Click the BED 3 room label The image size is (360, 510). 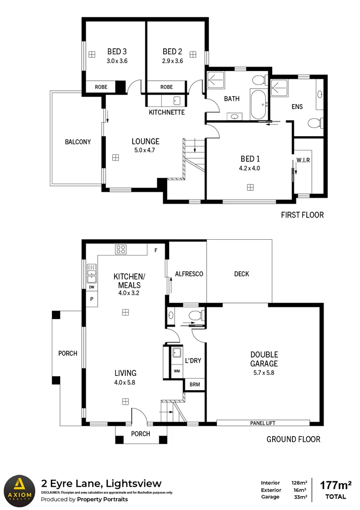(117, 52)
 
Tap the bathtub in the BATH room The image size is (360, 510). (258, 104)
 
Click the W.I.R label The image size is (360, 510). (302, 159)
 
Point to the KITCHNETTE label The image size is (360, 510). (167, 112)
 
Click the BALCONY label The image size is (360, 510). (78, 142)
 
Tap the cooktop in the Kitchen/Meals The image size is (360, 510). (121, 250)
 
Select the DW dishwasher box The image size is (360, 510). (91, 288)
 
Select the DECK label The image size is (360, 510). (242, 274)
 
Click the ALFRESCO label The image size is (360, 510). (189, 274)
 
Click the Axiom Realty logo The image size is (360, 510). (20, 489)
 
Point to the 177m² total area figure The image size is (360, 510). (336, 484)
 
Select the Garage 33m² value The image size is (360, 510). (300, 498)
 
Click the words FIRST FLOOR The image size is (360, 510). (302, 215)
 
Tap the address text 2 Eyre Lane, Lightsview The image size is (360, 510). (101, 483)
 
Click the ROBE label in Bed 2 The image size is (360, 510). (166, 87)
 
